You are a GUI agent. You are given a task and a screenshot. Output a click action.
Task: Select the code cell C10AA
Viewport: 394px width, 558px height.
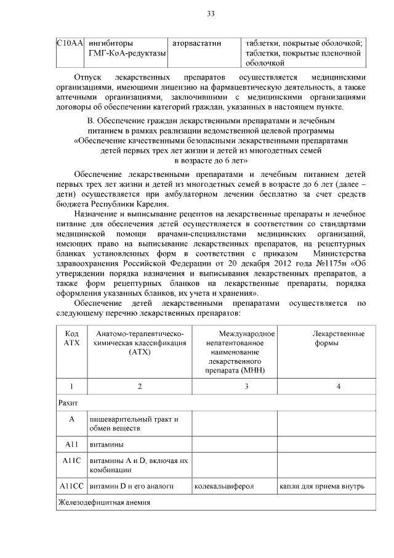click(x=70, y=43)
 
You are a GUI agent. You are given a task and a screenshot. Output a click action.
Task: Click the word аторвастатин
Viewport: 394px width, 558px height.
click(x=196, y=43)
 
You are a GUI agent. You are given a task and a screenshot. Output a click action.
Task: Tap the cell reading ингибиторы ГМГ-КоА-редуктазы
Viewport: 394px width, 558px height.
click(x=126, y=48)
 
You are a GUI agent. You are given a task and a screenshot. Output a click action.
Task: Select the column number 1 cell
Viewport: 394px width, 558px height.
click(x=71, y=387)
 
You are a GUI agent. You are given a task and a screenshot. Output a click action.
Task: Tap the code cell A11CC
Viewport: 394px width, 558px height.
click(x=71, y=486)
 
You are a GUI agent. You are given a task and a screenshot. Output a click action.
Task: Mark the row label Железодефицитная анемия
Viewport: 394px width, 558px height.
click(x=103, y=503)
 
